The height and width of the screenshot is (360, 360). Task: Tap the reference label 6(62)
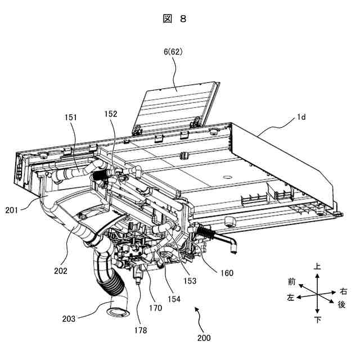173,52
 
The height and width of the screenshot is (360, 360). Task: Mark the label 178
141,330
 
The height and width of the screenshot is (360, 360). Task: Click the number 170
155,308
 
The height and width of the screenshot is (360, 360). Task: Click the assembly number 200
204,339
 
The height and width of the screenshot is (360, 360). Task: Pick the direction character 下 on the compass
318,320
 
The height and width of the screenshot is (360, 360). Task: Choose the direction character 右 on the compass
344,291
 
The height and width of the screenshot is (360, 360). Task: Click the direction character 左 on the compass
291,298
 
